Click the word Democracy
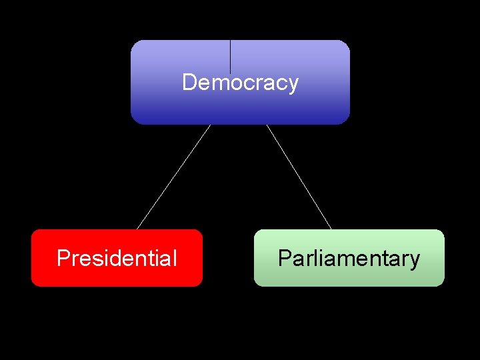pyautogui.click(x=240, y=83)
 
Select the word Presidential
pyautogui.click(x=117, y=258)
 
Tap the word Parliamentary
pyautogui.click(x=349, y=258)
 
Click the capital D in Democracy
pyautogui.click(x=189, y=83)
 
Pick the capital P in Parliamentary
pyautogui.click(x=284, y=258)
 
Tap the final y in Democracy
pyautogui.click(x=293, y=85)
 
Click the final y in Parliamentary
pyautogui.click(x=415, y=260)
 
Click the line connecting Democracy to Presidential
pyautogui.click(x=173, y=177)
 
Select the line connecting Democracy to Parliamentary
pyautogui.click(x=299, y=177)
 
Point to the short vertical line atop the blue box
pyautogui.click(x=230, y=56)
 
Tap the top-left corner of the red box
pyautogui.click(x=33, y=231)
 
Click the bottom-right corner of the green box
pyautogui.click(x=442, y=284)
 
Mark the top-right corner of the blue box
pyautogui.click(x=347, y=43)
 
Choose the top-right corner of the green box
pyautogui.click(x=442, y=231)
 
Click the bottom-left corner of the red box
pyautogui.click(x=33, y=284)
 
